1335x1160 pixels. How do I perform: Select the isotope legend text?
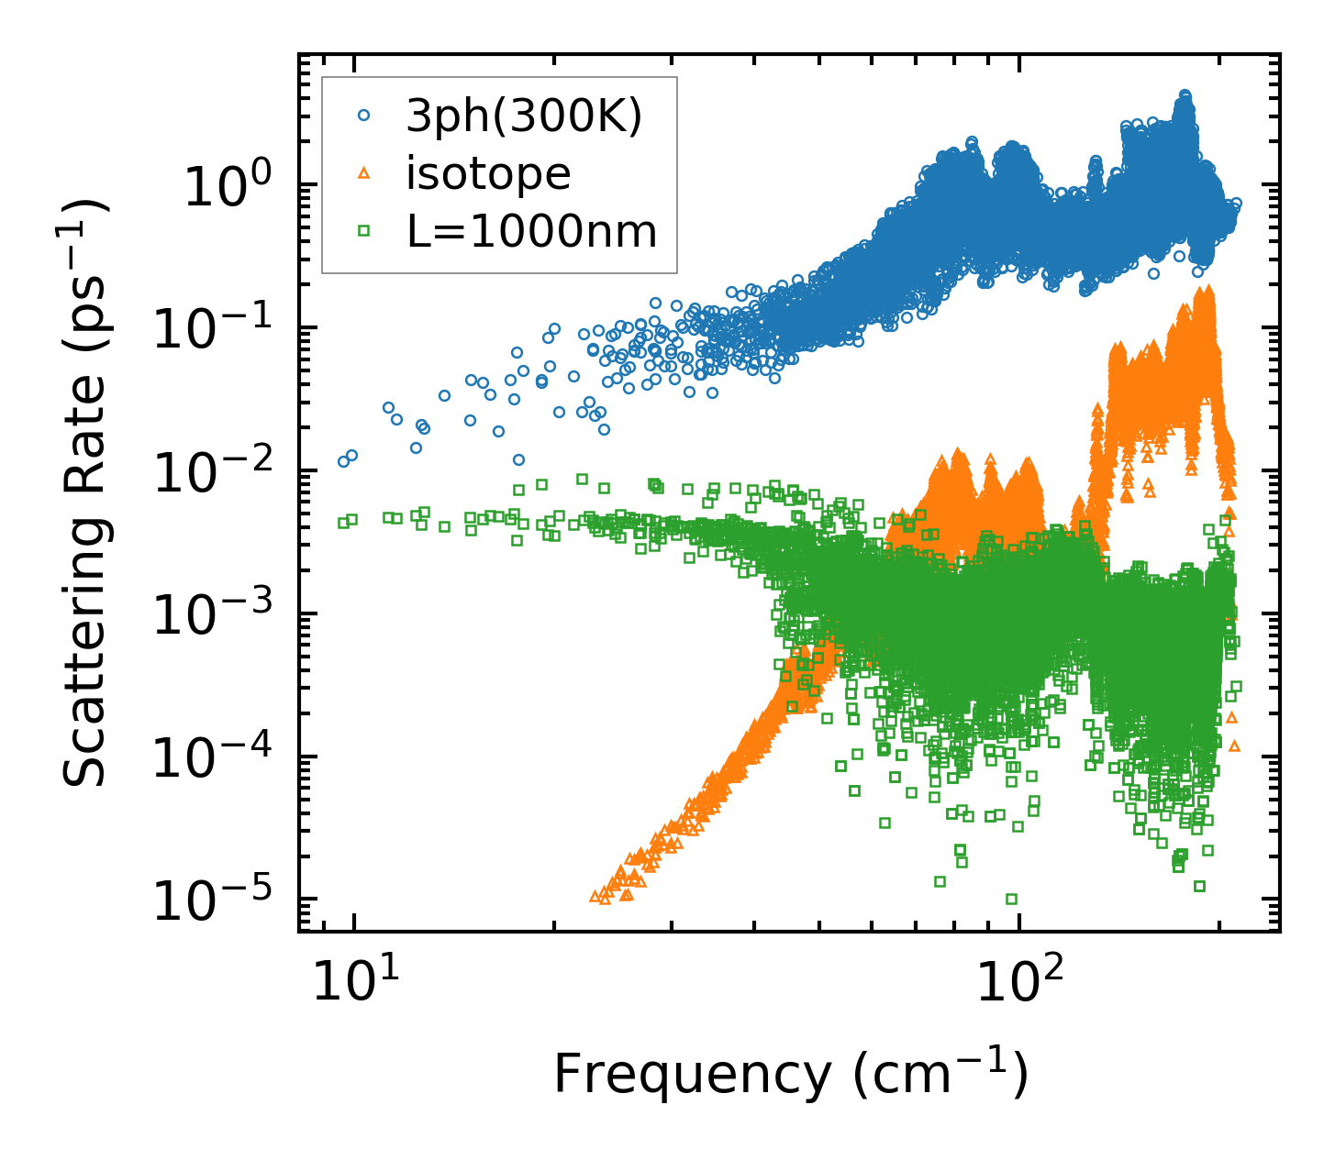pyautogui.click(x=488, y=174)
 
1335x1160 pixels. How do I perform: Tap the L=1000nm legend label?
pyautogui.click(x=532, y=232)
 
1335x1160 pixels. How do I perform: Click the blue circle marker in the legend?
pyautogui.click(x=364, y=116)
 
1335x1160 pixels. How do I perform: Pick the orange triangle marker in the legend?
pyautogui.click(x=364, y=173)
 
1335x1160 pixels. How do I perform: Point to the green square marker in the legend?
pyautogui.click(x=364, y=231)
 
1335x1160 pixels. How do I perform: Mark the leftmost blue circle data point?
pyautogui.click(x=343, y=461)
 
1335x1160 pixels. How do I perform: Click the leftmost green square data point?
pyautogui.click(x=343, y=523)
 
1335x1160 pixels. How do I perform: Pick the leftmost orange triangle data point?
pyautogui.click(x=594, y=896)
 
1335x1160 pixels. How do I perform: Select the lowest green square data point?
pyautogui.click(x=1011, y=899)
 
